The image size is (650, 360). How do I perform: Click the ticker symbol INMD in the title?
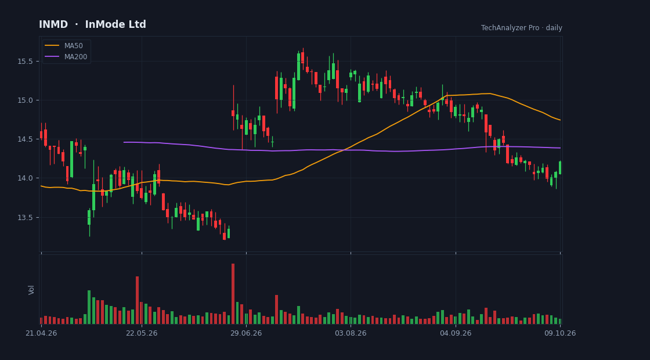coord(53,24)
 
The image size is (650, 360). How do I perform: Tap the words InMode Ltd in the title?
coord(115,24)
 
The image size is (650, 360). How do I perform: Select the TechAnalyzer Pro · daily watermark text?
coord(522,28)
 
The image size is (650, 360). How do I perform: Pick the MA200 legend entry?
coord(66,57)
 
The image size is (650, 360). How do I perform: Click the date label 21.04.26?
coord(41,333)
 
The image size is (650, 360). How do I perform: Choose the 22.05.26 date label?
coord(142,333)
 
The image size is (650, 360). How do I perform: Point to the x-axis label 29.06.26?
coord(246,333)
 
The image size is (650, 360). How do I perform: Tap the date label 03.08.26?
coord(351,333)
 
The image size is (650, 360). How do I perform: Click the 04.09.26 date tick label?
coord(456,333)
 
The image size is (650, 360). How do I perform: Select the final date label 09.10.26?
coord(560,333)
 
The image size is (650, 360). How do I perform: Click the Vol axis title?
coord(31,290)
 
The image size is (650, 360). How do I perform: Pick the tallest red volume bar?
coord(233,294)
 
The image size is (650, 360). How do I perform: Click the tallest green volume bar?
coord(89,307)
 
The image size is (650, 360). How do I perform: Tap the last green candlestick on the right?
coord(560,168)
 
